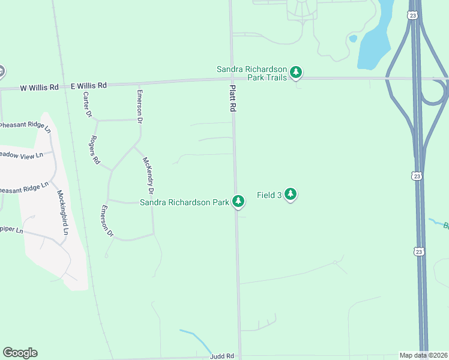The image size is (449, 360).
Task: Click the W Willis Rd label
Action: [x=39, y=87]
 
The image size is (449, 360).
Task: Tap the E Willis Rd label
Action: [x=88, y=86]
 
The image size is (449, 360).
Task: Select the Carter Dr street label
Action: [x=88, y=104]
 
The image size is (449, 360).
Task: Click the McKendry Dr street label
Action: [x=148, y=175]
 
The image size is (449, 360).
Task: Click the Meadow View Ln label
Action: [x=22, y=155]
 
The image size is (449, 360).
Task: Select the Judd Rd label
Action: [x=221, y=356]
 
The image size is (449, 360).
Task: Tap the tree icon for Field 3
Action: [x=291, y=194]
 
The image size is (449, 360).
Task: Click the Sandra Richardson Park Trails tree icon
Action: [x=295, y=73]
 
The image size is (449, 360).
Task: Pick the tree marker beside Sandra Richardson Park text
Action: [x=238, y=201]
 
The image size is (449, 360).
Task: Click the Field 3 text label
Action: [x=270, y=195]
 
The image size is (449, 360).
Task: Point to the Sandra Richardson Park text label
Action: [x=184, y=202]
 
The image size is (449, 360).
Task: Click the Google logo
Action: [x=20, y=353]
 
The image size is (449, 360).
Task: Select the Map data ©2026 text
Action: [x=423, y=355]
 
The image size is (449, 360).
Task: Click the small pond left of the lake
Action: [x=353, y=38]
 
